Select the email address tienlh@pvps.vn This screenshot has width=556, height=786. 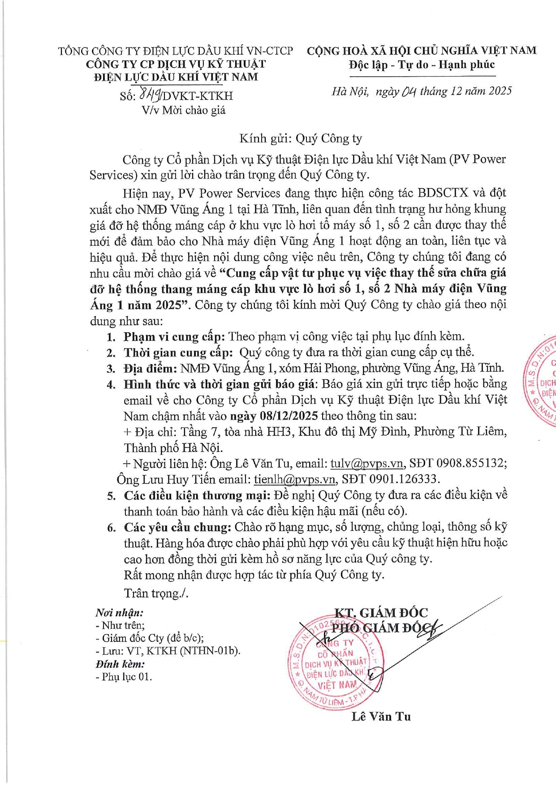click(x=294, y=479)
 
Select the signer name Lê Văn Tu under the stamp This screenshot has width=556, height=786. click(x=381, y=717)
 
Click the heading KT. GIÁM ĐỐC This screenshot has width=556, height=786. click(x=381, y=613)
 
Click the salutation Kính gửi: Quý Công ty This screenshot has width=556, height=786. click(x=301, y=138)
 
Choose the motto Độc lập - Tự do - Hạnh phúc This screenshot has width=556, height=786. click(x=422, y=65)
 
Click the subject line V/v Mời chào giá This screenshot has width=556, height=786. click(x=184, y=110)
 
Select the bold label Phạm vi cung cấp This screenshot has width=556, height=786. click(x=173, y=336)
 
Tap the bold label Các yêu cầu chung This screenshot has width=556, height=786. click(x=177, y=527)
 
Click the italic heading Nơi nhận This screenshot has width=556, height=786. click(x=119, y=613)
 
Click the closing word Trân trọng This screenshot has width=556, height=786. click(x=155, y=593)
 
